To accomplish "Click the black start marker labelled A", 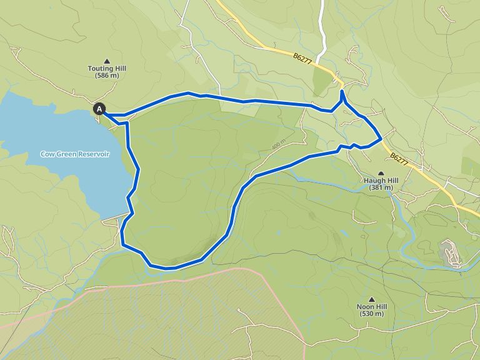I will tap(99, 109).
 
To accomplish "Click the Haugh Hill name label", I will tap(381, 180).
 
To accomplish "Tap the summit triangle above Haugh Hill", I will tap(381, 172).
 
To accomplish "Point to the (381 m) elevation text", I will tap(381, 187).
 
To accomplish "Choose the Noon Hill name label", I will tap(372, 307).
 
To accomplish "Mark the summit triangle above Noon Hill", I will tap(372, 299).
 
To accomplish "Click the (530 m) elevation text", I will tap(372, 314).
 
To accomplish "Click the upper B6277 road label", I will tap(302, 57).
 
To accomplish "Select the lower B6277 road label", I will tap(399, 159).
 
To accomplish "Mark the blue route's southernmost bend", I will tap(167, 268).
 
